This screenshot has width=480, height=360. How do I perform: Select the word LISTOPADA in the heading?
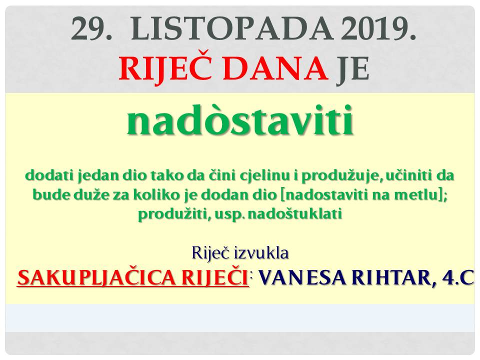[x=231, y=29]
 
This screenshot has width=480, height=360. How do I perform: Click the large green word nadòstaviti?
[x=240, y=120]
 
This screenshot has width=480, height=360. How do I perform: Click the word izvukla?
[x=261, y=253]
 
